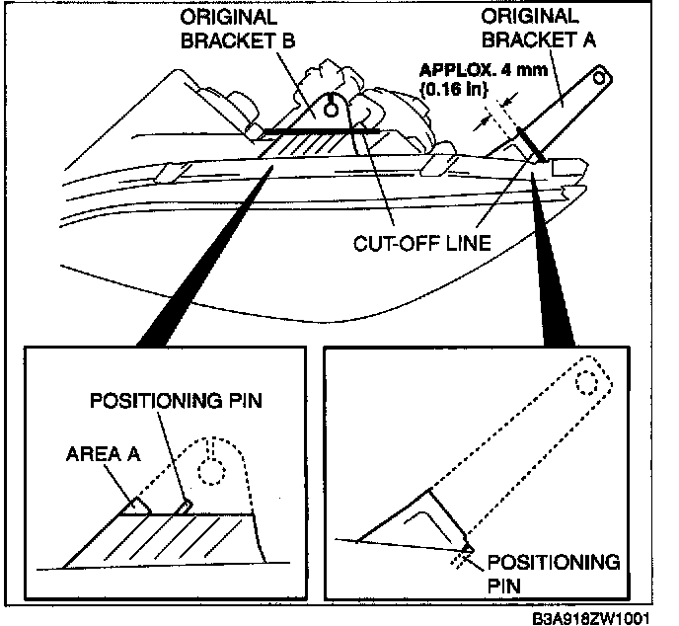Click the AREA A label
(102, 455)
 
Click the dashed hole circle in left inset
(209, 470)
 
